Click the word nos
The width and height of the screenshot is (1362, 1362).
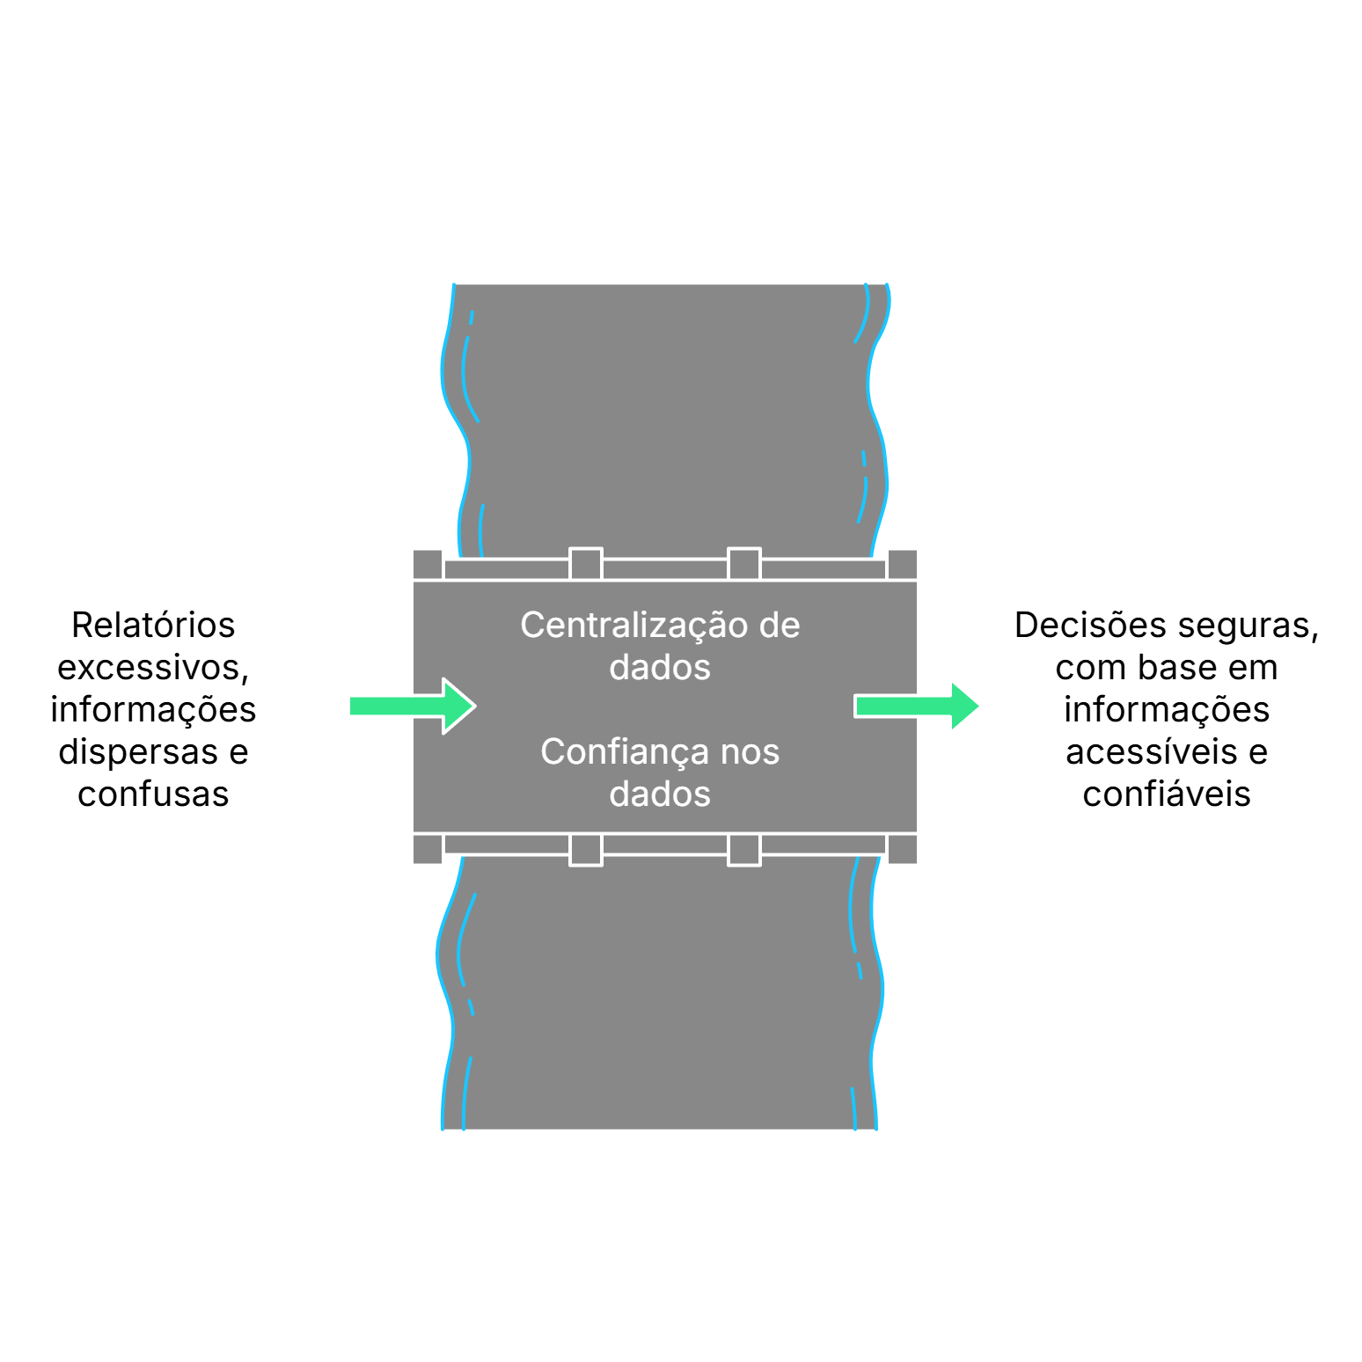click(750, 752)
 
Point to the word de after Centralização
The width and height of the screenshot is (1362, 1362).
click(780, 626)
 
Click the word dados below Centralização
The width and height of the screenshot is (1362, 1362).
click(660, 668)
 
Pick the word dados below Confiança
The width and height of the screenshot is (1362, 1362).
click(660, 794)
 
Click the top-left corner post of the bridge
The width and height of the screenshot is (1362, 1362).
click(428, 564)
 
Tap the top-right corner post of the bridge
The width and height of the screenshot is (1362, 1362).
click(903, 564)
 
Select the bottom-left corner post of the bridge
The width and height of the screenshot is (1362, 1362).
click(428, 850)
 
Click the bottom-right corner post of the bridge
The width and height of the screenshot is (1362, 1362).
click(903, 850)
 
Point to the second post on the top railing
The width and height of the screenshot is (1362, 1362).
click(586, 564)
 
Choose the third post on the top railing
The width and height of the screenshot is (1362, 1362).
click(744, 564)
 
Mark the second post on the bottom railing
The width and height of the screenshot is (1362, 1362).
click(586, 850)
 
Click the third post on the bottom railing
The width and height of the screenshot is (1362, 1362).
click(744, 850)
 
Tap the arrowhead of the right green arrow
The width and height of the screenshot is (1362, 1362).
click(964, 706)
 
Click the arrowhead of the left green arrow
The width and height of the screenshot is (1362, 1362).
click(458, 706)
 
